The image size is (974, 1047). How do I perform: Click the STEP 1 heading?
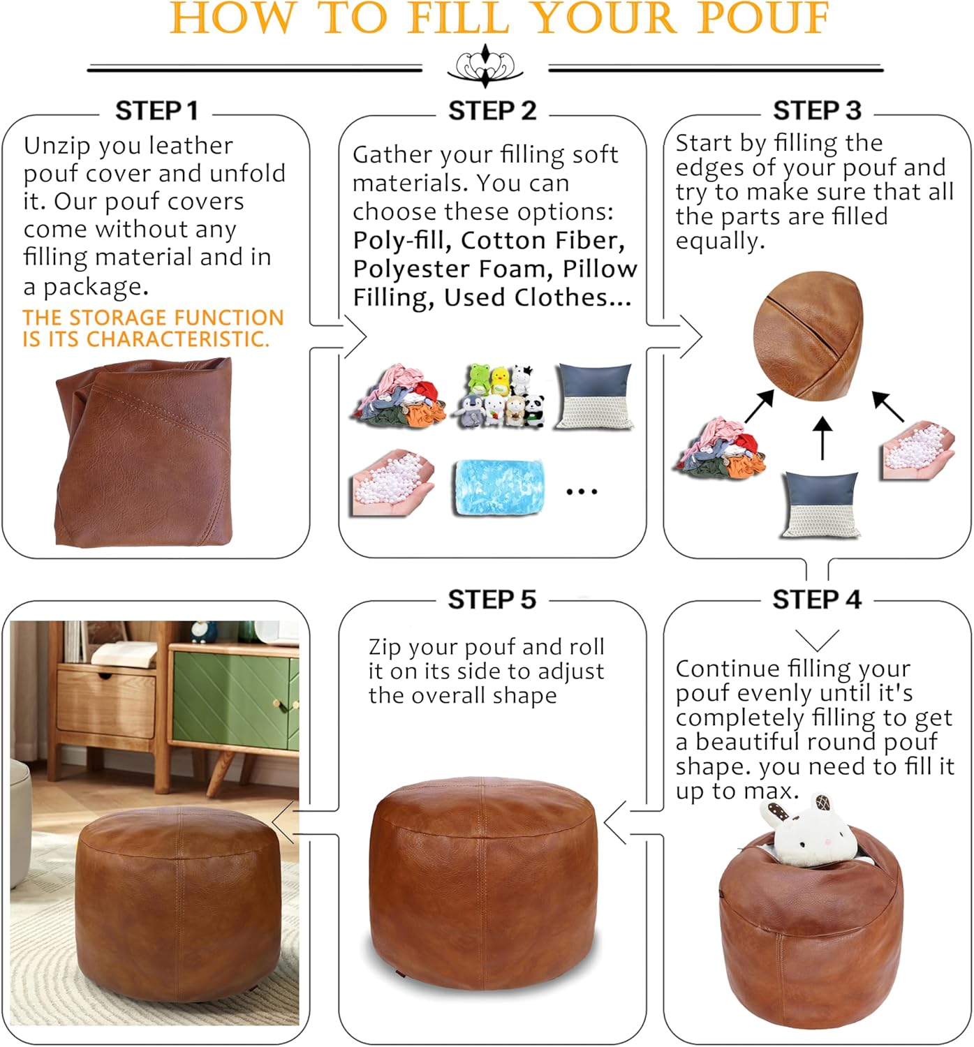pos(156,110)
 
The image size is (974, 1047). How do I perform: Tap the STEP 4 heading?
pos(816,600)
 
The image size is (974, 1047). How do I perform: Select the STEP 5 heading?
pos(492,600)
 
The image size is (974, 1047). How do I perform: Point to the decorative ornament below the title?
pos(485,66)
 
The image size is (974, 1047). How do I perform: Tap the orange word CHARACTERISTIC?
pos(177,339)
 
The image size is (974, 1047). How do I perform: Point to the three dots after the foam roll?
pos(582,492)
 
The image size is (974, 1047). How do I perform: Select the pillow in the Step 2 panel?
pos(595,396)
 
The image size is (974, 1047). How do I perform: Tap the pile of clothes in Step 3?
pos(720,450)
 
